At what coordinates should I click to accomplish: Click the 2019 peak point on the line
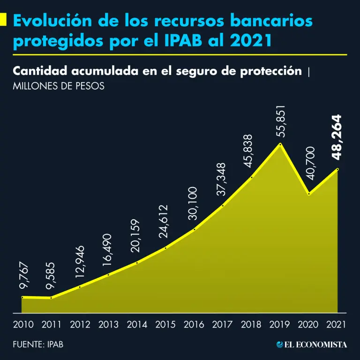[280, 144]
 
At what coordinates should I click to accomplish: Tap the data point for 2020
[309, 194]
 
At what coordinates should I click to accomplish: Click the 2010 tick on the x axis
[23, 324]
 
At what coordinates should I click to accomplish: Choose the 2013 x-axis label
[109, 324]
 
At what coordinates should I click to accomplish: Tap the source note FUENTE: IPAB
[38, 345]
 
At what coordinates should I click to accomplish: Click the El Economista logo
[311, 345]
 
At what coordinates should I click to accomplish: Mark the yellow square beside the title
[3, 20]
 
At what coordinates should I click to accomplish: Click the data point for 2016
[195, 229]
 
